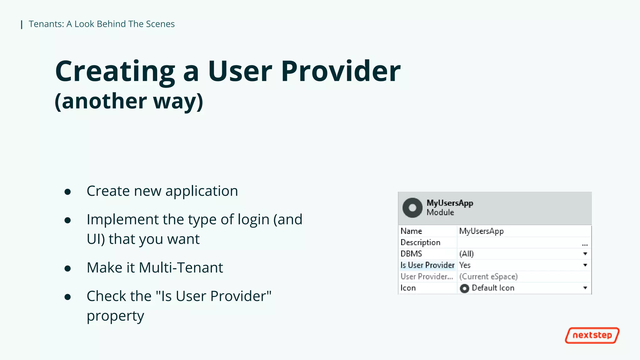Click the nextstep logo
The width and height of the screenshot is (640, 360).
coord(592,335)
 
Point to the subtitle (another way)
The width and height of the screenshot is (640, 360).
coord(129,101)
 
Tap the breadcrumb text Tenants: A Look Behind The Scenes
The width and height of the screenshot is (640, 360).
coord(102,24)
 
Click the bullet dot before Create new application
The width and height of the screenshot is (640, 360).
coord(67,192)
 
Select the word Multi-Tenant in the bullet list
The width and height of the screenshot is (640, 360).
coord(181,268)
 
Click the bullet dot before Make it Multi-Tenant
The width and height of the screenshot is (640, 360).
coord(67,268)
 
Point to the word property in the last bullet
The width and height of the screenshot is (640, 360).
coord(115,316)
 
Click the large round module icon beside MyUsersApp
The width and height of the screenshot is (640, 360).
coord(412,208)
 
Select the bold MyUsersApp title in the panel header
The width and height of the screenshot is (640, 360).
coord(450,203)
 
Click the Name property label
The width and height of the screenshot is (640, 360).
coord(411,231)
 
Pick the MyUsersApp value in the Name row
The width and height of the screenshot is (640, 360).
coord(481,231)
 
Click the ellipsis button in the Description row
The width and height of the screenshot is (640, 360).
coord(585,244)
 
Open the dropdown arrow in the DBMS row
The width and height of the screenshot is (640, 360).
coord(585,254)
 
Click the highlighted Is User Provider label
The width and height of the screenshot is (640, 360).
coord(427,265)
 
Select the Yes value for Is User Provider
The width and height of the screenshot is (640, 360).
coord(465,265)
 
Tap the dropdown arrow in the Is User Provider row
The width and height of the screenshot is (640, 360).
coord(585,265)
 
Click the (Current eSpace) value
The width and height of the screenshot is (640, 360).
coord(488,277)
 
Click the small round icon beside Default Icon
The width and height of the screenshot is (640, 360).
coord(464,288)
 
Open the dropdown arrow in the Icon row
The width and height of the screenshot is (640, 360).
coord(585,288)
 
